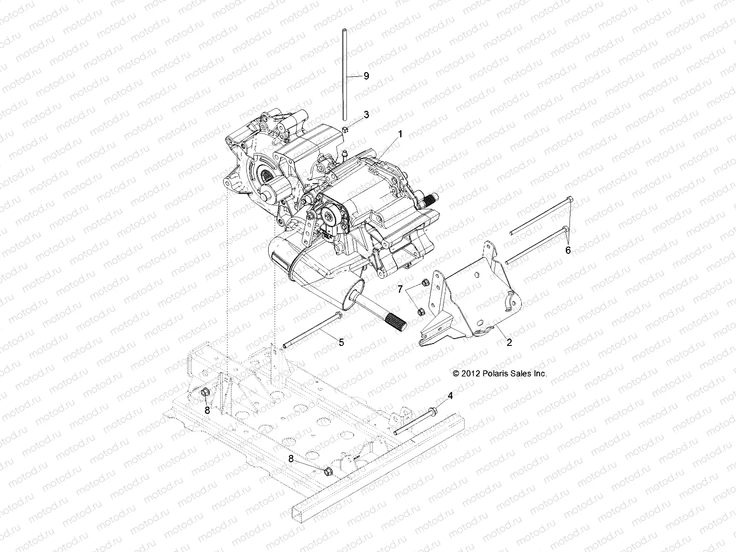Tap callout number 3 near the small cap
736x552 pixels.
(366, 115)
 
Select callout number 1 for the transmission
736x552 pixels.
(400, 134)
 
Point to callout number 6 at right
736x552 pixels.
(568, 250)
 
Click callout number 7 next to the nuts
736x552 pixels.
(400, 289)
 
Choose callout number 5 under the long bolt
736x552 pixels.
(341, 342)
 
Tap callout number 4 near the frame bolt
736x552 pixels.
(450, 396)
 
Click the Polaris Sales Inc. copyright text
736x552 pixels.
(500, 374)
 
